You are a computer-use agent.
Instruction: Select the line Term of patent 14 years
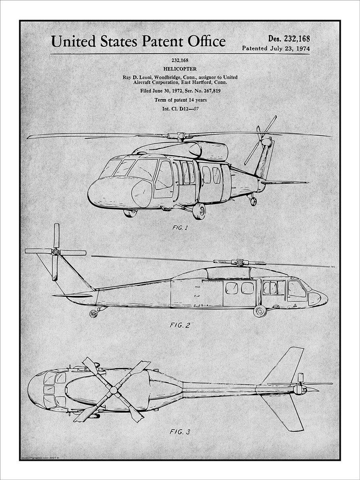click(180, 100)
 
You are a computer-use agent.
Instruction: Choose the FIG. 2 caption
click(180, 325)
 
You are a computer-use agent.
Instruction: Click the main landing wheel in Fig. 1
click(199, 211)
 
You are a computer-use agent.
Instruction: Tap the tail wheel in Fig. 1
click(253, 202)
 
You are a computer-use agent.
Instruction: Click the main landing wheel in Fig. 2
click(260, 311)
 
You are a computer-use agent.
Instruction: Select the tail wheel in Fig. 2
click(93, 314)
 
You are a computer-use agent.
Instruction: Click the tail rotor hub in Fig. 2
click(56, 252)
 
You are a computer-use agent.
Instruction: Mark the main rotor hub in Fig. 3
click(114, 389)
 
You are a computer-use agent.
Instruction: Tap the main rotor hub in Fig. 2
click(239, 262)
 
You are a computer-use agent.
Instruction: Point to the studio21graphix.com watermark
click(40, 456)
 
